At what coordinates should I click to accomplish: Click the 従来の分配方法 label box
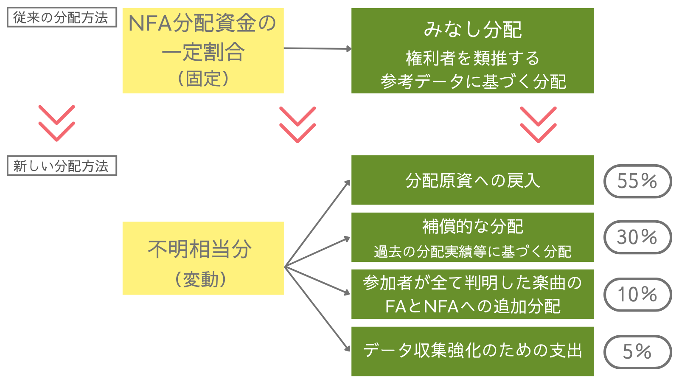click(62, 17)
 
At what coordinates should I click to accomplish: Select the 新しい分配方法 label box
click(62, 166)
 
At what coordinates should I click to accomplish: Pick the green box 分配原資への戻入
click(472, 180)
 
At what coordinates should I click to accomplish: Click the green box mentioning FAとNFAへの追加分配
click(472, 294)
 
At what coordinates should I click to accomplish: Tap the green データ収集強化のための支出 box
click(472, 351)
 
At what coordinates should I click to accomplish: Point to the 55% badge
click(637, 181)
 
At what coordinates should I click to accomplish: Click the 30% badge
click(637, 237)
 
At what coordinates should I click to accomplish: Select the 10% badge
click(637, 295)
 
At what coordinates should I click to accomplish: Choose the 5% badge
click(637, 352)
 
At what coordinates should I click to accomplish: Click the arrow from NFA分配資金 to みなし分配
click(317, 48)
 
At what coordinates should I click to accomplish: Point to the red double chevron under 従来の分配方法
click(56, 123)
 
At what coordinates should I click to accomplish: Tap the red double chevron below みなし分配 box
click(538, 124)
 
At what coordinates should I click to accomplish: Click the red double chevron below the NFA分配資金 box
click(297, 124)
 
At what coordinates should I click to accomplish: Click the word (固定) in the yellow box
click(203, 79)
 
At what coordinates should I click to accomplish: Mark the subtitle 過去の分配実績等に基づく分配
click(472, 252)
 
